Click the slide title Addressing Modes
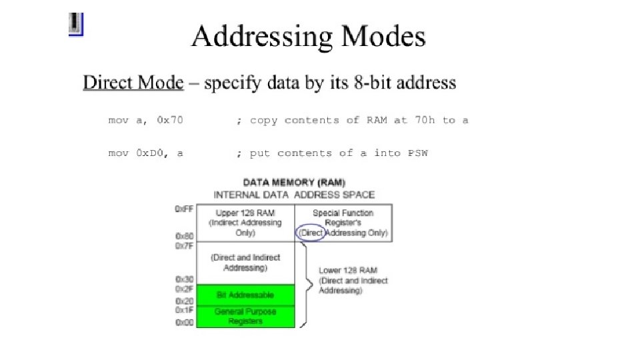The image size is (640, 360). pyautogui.click(x=308, y=37)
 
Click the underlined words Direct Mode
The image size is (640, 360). pyautogui.click(x=133, y=83)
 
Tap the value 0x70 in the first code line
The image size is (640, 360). pyautogui.click(x=170, y=121)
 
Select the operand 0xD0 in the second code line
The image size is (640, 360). pyautogui.click(x=149, y=153)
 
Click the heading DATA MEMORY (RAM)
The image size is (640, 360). pyautogui.click(x=294, y=182)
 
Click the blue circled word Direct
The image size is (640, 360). pyautogui.click(x=311, y=233)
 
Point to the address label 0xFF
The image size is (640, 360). pyautogui.click(x=184, y=209)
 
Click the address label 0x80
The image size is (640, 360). pyautogui.click(x=184, y=236)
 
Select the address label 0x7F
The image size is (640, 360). pyautogui.click(x=184, y=247)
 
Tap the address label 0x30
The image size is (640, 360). pyautogui.click(x=184, y=279)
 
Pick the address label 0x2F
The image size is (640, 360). pyautogui.click(x=184, y=289)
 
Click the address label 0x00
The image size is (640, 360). pyautogui.click(x=184, y=323)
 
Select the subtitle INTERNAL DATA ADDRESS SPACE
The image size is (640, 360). pyautogui.click(x=294, y=195)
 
